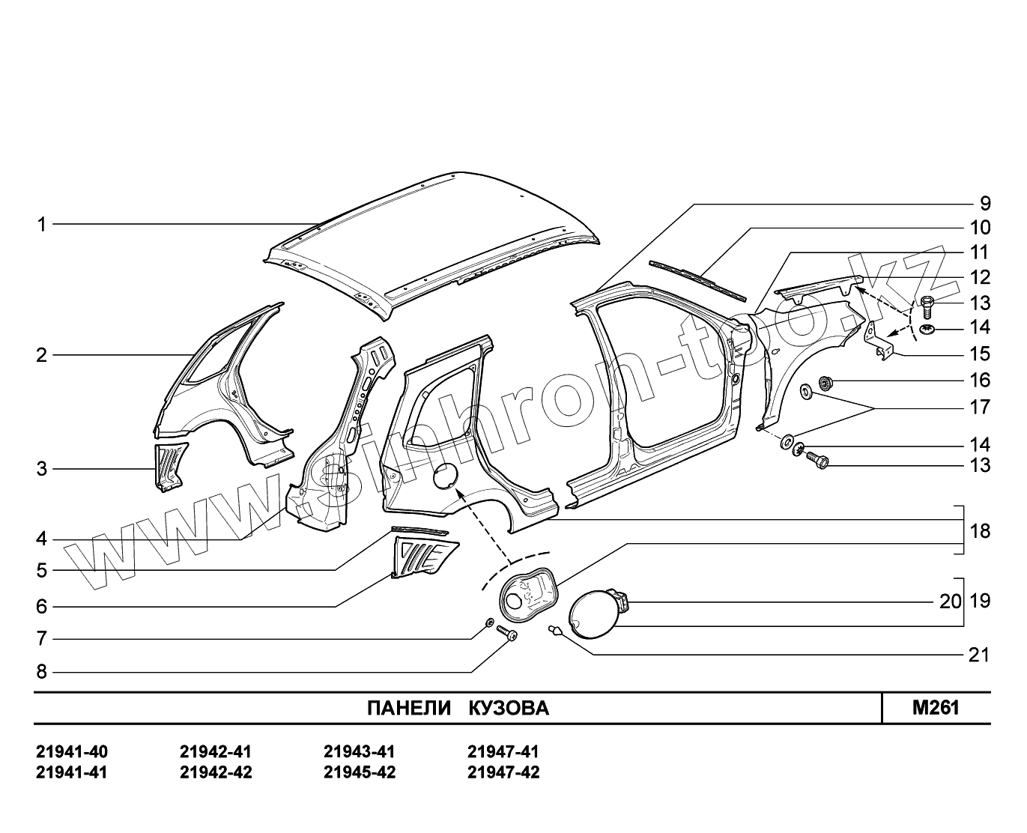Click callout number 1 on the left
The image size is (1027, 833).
[42, 224]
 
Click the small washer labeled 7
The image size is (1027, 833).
[489, 623]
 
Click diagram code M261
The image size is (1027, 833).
[936, 708]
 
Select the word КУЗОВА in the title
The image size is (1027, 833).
[509, 709]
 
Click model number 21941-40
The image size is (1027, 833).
[71, 751]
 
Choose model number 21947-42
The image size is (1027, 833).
[503, 772]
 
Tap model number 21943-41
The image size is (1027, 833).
[359, 751]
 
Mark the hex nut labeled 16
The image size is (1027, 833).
[827, 383]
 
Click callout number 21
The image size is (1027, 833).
[979, 655]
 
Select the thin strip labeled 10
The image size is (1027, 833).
[697, 277]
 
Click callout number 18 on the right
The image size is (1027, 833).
[980, 531]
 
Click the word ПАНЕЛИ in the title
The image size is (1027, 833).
[409, 709]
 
